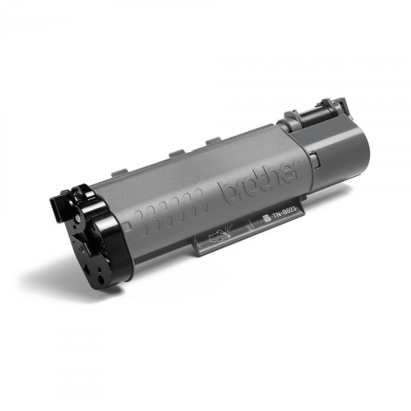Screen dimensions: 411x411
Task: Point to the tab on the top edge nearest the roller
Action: pyautogui.click(x=212, y=141)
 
